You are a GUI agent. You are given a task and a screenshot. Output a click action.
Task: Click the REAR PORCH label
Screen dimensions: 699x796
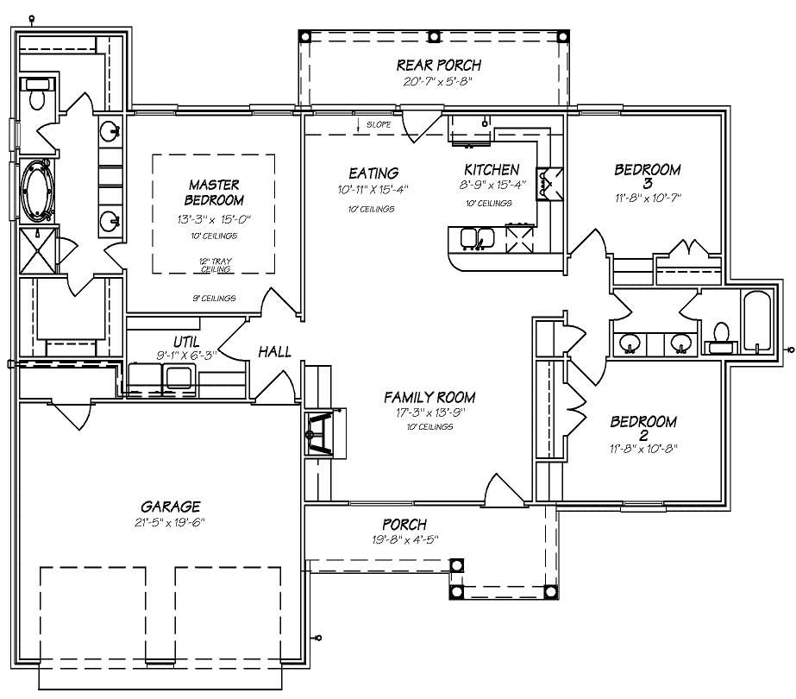coord(438,65)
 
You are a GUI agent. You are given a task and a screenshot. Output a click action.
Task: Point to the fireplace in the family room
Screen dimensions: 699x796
coord(323,431)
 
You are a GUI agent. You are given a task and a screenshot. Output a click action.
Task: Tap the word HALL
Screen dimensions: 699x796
coord(274,352)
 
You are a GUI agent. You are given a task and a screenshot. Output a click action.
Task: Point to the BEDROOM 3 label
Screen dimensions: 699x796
coord(647,177)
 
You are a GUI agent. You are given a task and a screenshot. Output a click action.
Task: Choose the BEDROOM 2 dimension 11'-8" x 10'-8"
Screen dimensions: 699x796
coord(643,450)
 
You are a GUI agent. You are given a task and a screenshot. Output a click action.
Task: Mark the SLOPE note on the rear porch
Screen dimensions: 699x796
coord(378,125)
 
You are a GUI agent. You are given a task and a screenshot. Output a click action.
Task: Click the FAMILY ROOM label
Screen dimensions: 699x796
coord(429,398)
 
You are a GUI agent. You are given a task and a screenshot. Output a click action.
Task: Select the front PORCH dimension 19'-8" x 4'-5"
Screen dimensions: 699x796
coord(404,540)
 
